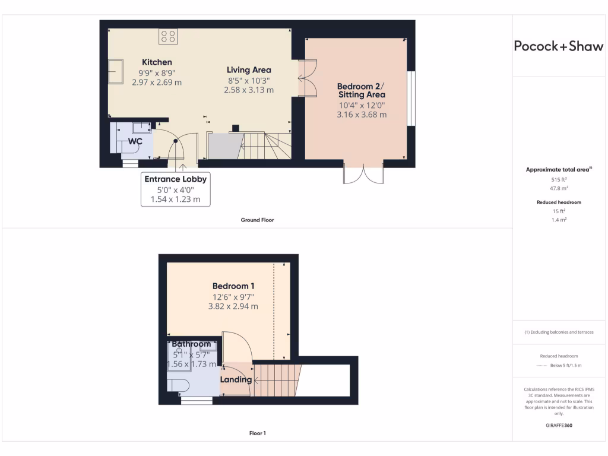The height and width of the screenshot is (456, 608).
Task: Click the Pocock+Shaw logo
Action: pos(558,47)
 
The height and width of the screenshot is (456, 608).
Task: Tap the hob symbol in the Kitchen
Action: pos(168,36)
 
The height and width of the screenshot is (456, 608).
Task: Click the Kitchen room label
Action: pos(157,62)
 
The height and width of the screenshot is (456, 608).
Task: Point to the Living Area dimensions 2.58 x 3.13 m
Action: pos(249,90)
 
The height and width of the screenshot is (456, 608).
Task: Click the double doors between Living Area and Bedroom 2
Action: pos(308,78)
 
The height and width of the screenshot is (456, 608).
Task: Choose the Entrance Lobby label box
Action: pos(175,189)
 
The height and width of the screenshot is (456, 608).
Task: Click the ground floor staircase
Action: pos(264,146)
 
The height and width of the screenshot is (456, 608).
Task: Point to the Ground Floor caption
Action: pos(257,220)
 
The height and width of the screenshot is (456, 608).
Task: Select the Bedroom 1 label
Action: pos(233,286)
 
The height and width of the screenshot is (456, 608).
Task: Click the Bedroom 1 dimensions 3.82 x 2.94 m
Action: pos(233,306)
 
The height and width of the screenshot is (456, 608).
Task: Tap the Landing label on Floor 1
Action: pos(236,379)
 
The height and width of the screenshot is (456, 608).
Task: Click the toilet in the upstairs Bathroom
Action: pos(178,386)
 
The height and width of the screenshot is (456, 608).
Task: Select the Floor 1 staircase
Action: pos(276,379)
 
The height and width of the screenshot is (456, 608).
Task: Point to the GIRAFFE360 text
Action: pos(558,425)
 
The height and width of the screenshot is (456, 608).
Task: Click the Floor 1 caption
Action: pos(257,433)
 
